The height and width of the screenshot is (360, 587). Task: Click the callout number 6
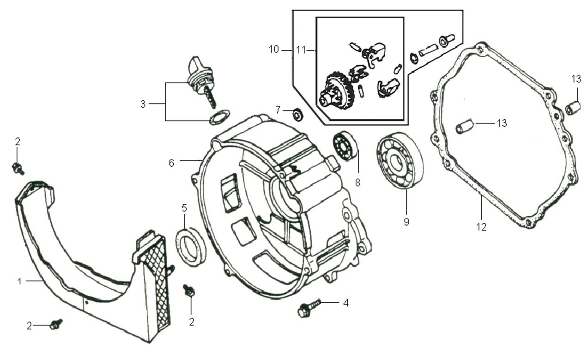171,163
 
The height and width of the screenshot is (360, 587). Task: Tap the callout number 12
482,227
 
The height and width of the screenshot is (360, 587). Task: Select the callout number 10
274,49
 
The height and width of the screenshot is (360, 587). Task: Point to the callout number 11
301,49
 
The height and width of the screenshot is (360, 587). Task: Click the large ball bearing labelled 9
400,161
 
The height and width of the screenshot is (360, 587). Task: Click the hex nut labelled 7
298,114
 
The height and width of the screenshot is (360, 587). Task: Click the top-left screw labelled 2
18,169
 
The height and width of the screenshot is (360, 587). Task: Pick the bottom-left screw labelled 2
56,324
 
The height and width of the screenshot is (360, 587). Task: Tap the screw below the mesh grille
189,291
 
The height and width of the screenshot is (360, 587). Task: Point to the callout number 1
19,281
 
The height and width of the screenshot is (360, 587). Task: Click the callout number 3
143,104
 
